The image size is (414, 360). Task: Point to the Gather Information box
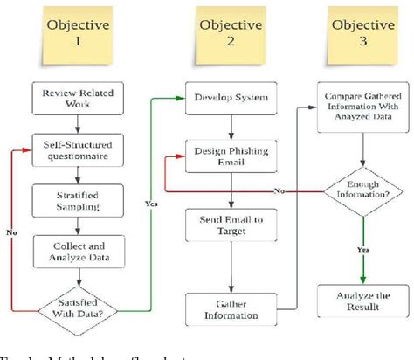231,308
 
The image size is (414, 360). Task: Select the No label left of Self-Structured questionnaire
10,234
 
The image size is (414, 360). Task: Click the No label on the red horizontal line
278,190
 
